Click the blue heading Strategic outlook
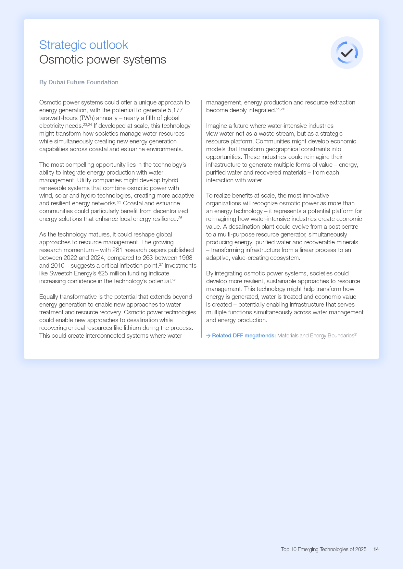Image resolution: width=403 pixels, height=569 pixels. click(83, 45)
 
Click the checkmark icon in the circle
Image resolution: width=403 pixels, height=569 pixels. click(347, 53)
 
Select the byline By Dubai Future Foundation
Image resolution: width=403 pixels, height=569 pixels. click(79, 82)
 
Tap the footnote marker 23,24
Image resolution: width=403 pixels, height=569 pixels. click(87, 125)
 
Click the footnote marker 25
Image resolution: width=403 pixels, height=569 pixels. click(119, 202)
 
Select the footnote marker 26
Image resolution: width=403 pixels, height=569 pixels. click(180, 218)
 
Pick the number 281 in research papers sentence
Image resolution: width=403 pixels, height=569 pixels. click(117, 250)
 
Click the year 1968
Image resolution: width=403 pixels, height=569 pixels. click(185, 258)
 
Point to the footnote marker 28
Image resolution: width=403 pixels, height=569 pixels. click(174, 280)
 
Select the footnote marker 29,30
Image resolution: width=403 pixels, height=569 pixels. click(281, 109)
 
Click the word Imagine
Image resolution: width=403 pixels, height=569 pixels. click(217, 126)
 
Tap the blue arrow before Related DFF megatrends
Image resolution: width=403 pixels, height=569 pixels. click(208, 336)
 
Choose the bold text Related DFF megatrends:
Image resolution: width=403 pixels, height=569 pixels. click(244, 336)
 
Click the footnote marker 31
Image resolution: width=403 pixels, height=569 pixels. click(356, 334)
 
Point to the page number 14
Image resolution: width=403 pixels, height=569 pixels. click(376, 549)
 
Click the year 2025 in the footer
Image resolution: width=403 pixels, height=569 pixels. click(360, 549)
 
